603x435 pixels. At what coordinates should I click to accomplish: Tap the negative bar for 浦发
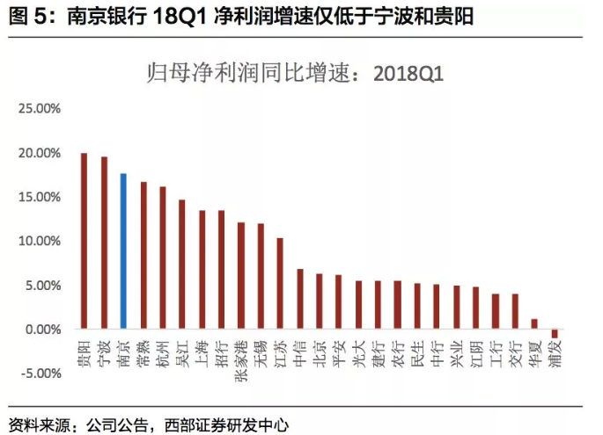tap(555, 333)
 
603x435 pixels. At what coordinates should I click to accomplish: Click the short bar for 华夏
tap(534, 324)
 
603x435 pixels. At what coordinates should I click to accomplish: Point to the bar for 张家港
tap(241, 276)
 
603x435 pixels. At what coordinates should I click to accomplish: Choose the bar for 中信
tap(300, 299)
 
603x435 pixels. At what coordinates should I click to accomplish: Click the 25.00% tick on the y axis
tap(37, 108)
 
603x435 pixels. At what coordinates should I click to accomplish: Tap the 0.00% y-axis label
tap(40, 330)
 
